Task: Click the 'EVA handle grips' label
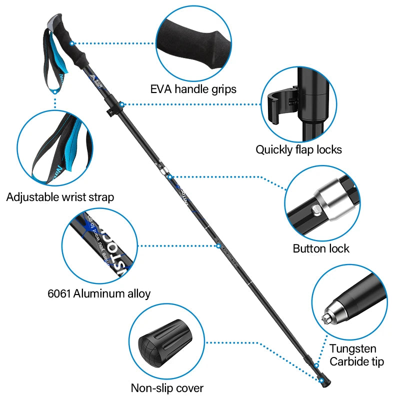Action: pos(193,89)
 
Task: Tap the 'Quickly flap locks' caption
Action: pos(298,149)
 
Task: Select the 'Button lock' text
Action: pos(321,248)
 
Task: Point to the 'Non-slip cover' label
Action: pos(167,387)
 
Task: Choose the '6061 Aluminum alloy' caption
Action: pos(99,293)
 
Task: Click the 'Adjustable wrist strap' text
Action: pos(60,197)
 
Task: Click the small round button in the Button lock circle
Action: pos(316,209)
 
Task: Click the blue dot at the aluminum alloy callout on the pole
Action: pos(218,245)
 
